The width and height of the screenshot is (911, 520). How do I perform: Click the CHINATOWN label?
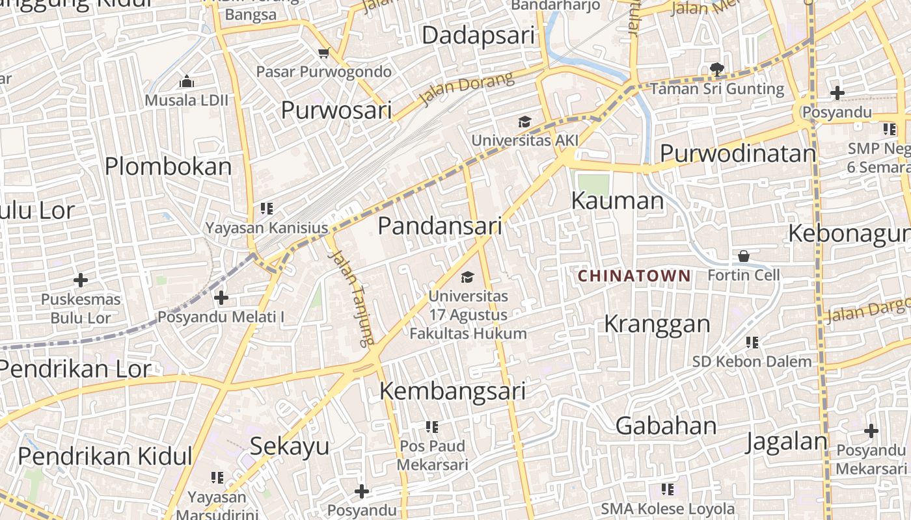pyautogui.click(x=634, y=276)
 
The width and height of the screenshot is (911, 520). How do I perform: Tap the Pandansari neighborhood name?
pyautogui.click(x=440, y=226)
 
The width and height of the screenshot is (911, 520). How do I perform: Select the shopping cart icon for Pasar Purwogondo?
pyautogui.click(x=323, y=53)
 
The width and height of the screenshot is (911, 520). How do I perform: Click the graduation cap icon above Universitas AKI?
pyautogui.click(x=524, y=122)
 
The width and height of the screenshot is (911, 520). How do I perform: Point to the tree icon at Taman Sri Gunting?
pyautogui.click(x=717, y=68)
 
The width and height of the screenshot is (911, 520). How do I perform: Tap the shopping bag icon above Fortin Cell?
pyautogui.click(x=744, y=256)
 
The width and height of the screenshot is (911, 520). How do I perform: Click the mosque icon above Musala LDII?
pyautogui.click(x=187, y=81)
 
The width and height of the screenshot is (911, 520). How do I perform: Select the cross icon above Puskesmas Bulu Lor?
pyautogui.click(x=81, y=280)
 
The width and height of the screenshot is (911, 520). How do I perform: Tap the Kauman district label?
pyautogui.click(x=617, y=201)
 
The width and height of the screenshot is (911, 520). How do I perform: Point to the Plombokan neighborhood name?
pyautogui.click(x=168, y=166)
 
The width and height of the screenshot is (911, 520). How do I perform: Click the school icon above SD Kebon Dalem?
pyautogui.click(x=752, y=342)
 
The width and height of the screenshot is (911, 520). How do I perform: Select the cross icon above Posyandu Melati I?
pyautogui.click(x=221, y=298)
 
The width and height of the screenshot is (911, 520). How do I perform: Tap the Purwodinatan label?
pyautogui.click(x=738, y=153)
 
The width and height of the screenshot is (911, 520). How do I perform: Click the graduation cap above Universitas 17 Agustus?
pyautogui.click(x=467, y=278)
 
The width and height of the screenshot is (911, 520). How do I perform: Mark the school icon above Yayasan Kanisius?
pyautogui.click(x=266, y=209)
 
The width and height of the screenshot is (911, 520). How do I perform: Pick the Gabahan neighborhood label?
pyautogui.click(x=666, y=426)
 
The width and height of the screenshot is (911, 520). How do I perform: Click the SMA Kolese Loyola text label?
pyautogui.click(x=668, y=509)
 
